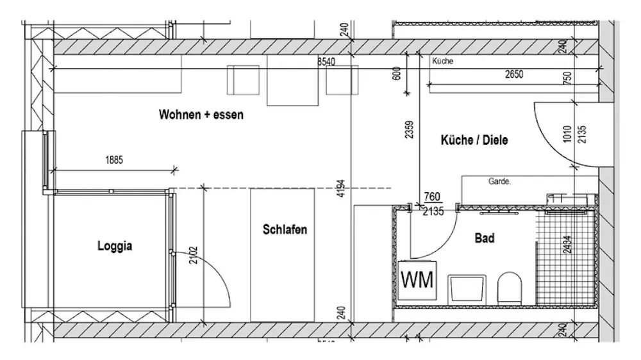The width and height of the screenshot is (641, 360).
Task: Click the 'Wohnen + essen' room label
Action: tap(201, 115)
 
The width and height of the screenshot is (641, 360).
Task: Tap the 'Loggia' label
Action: tap(115, 245)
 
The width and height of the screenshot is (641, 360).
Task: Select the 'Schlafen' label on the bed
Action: tap(285, 229)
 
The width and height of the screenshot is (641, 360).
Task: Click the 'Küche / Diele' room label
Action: tap(474, 140)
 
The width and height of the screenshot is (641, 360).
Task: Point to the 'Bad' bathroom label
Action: tap(485, 238)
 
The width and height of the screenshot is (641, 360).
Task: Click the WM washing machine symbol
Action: tap(417, 280)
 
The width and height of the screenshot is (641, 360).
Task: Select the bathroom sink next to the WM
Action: tap(465, 288)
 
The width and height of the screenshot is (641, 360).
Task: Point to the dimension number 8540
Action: tap(328, 62)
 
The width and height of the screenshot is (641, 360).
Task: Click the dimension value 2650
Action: tap(513, 74)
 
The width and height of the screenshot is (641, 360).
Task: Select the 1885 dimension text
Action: tap(113, 161)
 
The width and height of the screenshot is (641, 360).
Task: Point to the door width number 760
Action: tap(433, 197)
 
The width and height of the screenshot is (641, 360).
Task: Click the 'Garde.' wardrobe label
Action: tap(499, 181)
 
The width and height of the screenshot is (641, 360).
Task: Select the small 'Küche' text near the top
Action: tap(443, 61)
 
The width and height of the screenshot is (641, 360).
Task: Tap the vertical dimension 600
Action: tap(397, 73)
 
